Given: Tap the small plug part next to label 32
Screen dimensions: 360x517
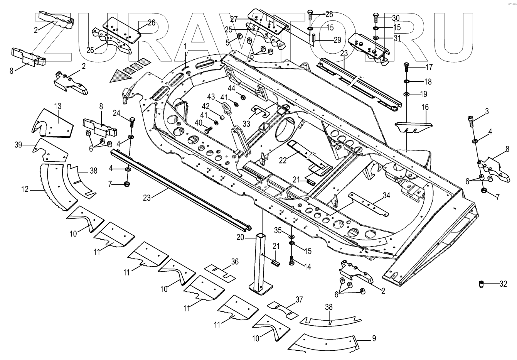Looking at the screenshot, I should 482,284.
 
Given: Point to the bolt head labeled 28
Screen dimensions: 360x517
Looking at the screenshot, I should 310,15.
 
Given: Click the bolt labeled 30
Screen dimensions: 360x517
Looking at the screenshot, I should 376,18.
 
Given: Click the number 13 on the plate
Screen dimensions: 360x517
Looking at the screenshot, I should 57,106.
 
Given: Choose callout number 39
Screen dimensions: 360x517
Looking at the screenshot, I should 18,145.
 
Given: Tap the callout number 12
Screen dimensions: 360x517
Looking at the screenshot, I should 25,189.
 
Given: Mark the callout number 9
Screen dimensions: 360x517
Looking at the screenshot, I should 373,339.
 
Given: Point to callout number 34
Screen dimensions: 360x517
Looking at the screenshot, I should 386,196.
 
